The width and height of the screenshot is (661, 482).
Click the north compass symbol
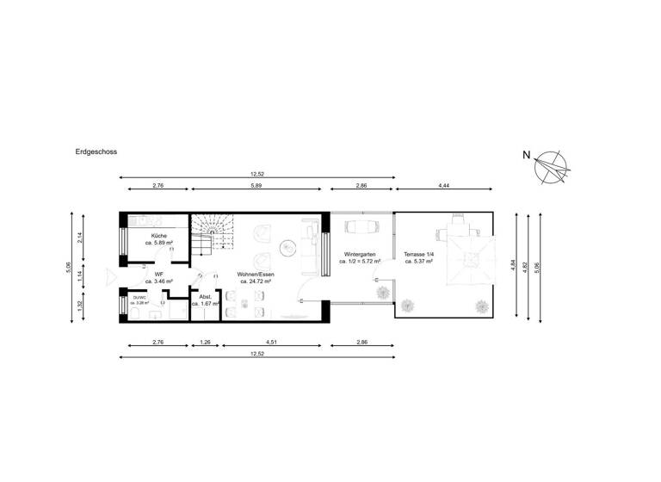click(549, 167)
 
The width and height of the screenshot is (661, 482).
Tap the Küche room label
click(159, 236)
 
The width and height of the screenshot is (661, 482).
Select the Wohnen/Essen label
click(256, 274)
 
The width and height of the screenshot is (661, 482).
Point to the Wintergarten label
click(360, 256)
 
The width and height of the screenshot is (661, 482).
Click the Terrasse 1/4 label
click(419, 256)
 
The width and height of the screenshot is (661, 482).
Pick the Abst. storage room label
click(206, 297)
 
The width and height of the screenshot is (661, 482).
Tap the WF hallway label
click(159, 275)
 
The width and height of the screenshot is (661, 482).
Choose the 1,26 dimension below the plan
click(206, 342)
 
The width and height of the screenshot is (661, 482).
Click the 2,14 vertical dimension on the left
click(80, 238)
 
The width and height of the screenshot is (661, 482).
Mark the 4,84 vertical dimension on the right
click(514, 266)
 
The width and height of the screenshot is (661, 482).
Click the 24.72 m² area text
click(256, 281)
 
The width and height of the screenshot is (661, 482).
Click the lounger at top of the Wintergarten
click(361, 226)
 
